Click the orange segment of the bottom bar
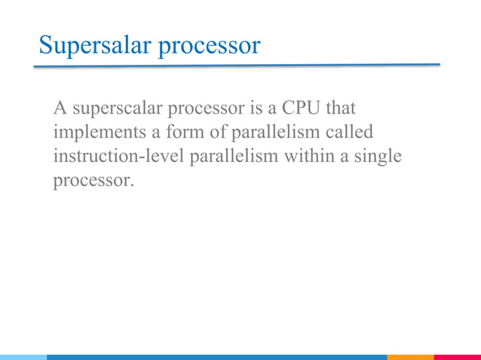[410, 357]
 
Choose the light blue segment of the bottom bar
[23, 357]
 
